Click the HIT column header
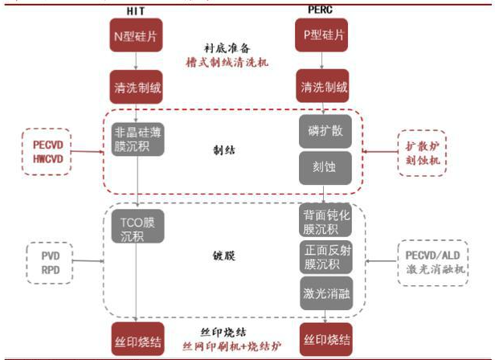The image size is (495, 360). pyautogui.click(x=136, y=10)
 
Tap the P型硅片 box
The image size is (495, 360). pyautogui.click(x=324, y=36)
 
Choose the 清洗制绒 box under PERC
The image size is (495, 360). pyautogui.click(x=324, y=86)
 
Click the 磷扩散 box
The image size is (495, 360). pyautogui.click(x=325, y=131)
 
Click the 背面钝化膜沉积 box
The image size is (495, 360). pyautogui.click(x=325, y=222)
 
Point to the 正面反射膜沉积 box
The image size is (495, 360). pyautogui.click(x=325, y=258)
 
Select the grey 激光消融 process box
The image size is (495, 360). pyautogui.click(x=325, y=292)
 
